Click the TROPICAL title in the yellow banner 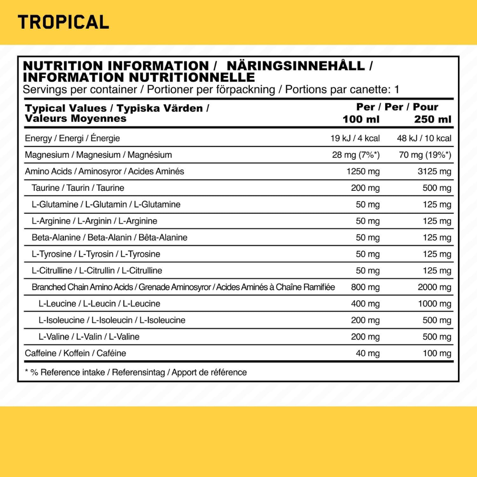coord(63,22)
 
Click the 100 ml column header coord(361,119)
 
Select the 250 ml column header coord(433,119)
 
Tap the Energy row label coord(72,138)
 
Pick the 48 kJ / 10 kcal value coord(424,138)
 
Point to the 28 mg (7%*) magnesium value coord(356,155)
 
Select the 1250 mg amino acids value coord(363,171)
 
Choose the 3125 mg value coord(435,171)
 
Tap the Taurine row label coord(78,188)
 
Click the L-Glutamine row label coord(106,204)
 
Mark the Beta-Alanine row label coord(110,238)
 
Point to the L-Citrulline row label coord(97,270)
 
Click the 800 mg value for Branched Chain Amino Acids coord(365,287)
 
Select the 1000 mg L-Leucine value coord(435,304)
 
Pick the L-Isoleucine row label coord(112,320)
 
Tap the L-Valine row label coord(89,337)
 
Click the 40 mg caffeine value coord(367,353)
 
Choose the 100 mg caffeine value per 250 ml coord(437,353)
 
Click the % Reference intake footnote coord(136,372)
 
